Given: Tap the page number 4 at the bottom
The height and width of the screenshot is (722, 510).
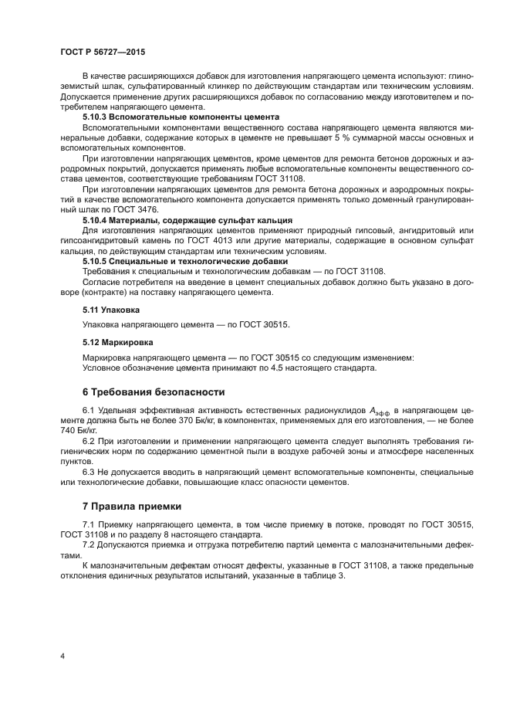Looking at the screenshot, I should pos(62,656).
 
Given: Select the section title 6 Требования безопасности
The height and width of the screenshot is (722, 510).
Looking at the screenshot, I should pos(154,392).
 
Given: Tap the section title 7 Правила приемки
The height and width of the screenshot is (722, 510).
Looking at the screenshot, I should pos(132,507).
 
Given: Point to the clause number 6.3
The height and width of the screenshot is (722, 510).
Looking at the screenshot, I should pos(90,472).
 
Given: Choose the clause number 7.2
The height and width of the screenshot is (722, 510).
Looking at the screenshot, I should pos(90,545).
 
